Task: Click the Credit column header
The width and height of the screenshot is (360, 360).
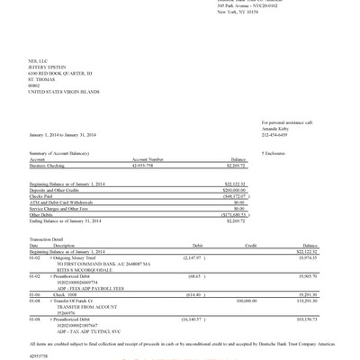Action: click(252, 245)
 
